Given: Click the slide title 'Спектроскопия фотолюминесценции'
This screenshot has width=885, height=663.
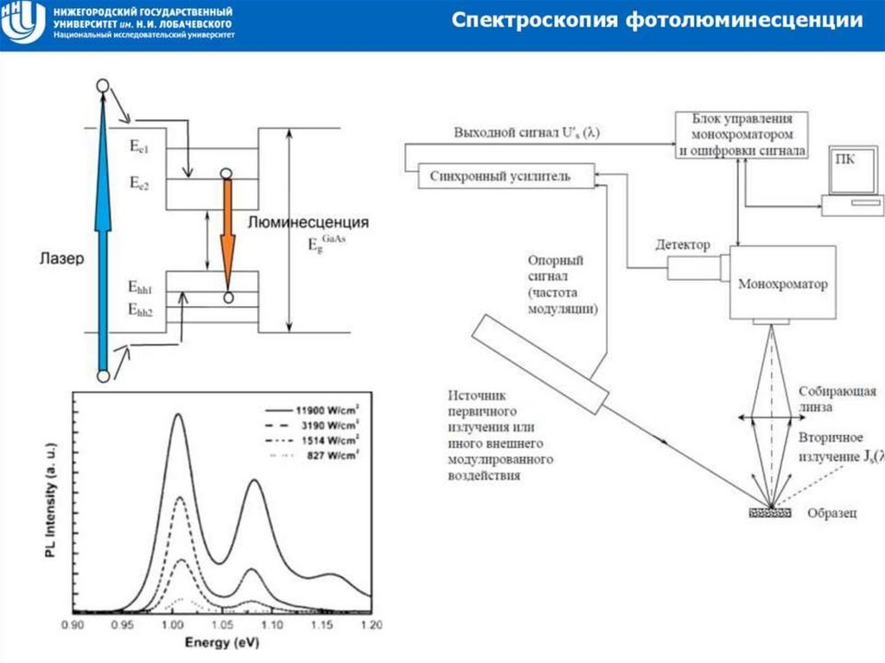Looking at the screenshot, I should point(658,20).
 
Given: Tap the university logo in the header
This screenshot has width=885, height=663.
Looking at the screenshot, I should point(22,23).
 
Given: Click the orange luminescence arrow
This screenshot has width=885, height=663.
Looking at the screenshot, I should point(228,233).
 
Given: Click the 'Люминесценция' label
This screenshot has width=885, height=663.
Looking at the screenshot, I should point(309,222).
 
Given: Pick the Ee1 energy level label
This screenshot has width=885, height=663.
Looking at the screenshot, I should point(139,148).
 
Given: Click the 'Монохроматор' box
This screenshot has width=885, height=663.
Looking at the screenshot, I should point(783,284).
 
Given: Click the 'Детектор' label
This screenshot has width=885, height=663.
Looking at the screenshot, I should point(683,245).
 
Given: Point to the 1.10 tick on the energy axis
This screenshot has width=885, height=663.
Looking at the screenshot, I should point(272,625).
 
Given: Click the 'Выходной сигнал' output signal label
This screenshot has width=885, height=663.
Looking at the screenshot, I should point(527,134).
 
